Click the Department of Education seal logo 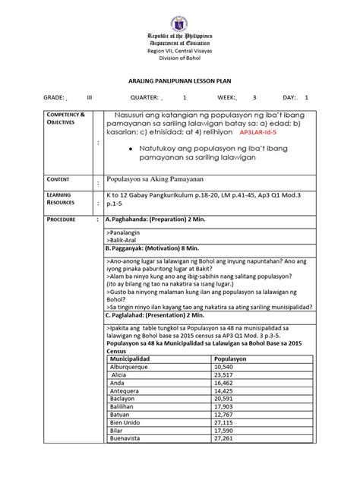(180, 17)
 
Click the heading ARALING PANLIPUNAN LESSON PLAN (180, 79)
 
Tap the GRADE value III (90, 98)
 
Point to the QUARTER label (144, 98)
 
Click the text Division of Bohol (180, 59)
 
